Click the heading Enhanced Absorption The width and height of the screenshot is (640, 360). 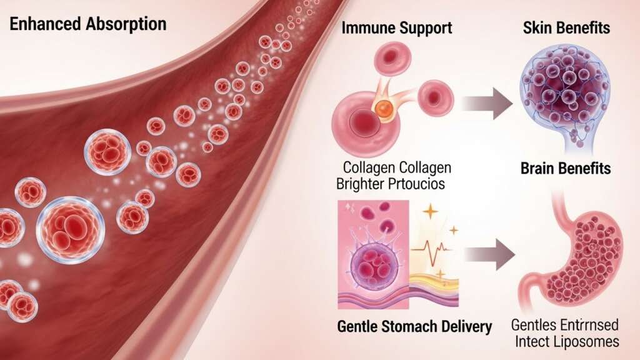tap(87, 25)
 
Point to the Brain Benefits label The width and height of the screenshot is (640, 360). tap(565, 169)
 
